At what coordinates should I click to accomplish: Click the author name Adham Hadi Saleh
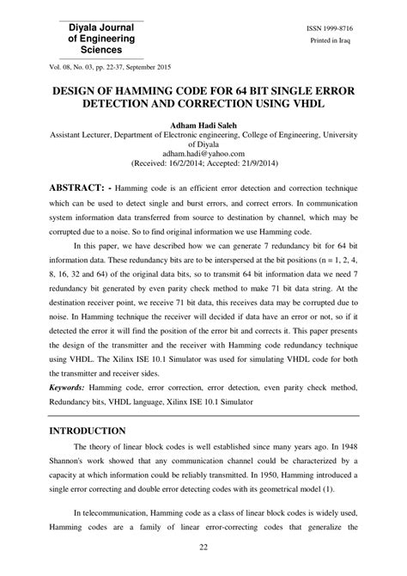[x=203, y=126]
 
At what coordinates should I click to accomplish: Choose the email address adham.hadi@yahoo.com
[x=203, y=152]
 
